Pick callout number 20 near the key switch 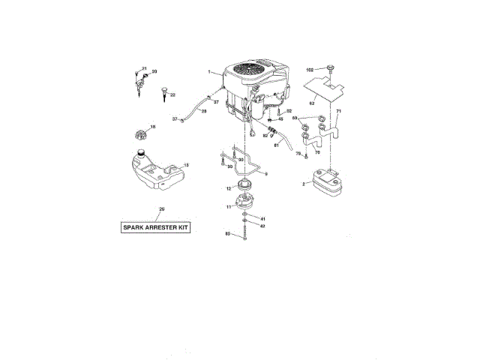(x=154, y=72)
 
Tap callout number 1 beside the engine (x=211, y=72)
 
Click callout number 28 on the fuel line (x=202, y=111)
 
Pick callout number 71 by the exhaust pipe (x=338, y=112)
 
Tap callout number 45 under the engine (x=280, y=119)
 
